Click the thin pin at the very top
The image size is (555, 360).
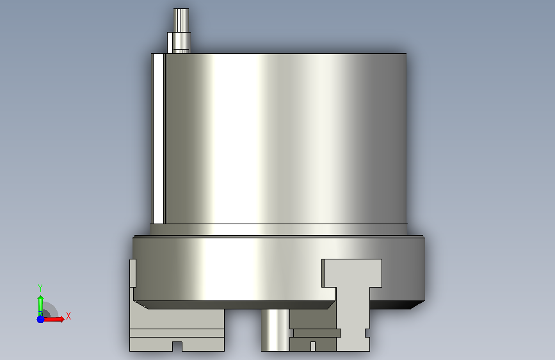[181, 20]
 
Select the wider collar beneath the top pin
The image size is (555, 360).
[179, 42]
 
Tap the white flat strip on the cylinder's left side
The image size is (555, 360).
[159, 138]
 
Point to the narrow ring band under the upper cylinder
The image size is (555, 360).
[278, 229]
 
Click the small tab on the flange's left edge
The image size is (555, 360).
[133, 273]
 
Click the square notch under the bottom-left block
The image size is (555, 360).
[177, 347]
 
